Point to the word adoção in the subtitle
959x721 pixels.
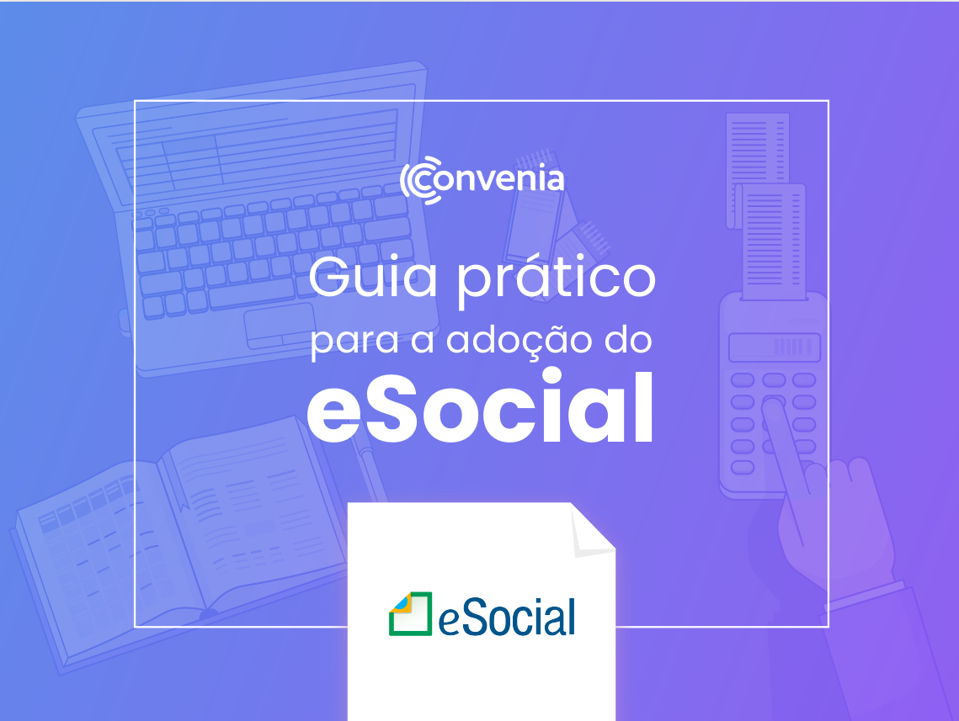pyautogui.click(x=519, y=342)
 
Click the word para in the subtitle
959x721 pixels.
pyautogui.click(x=354, y=342)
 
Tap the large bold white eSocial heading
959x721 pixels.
pyautogui.click(x=481, y=406)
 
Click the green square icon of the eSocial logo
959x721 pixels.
pyautogui.click(x=410, y=613)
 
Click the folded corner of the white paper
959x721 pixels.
pyautogui.click(x=591, y=531)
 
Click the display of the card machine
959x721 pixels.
pyautogui.click(x=775, y=347)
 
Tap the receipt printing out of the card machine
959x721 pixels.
pyautogui.click(x=772, y=241)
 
